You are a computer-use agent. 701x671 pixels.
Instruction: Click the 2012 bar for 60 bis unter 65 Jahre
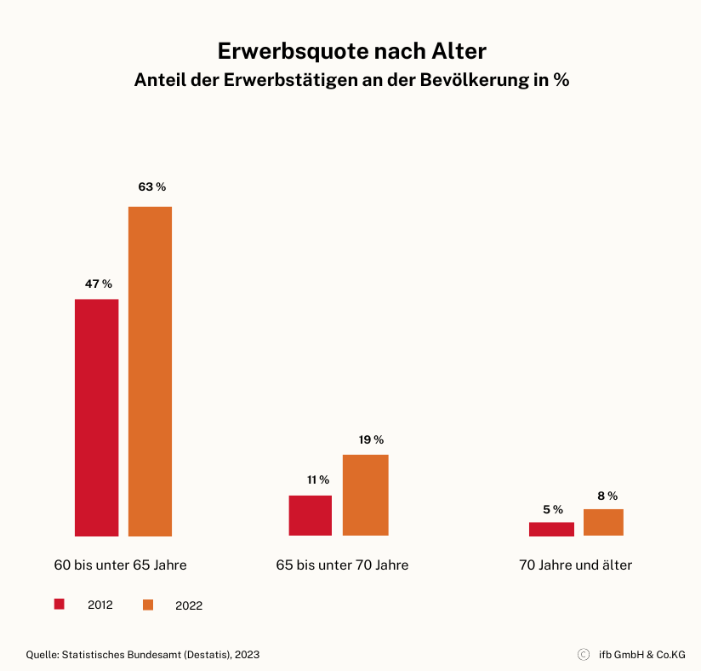(x=96, y=417)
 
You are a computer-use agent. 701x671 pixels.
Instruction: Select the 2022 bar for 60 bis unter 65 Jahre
(x=150, y=371)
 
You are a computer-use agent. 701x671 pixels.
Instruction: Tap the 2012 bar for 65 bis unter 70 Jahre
(x=310, y=515)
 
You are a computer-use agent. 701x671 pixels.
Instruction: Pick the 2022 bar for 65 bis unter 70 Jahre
(x=365, y=495)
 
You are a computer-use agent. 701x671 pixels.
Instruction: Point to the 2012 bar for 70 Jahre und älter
(x=551, y=529)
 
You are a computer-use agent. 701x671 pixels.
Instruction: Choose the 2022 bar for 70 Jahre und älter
(x=603, y=522)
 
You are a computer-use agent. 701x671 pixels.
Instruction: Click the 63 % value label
(x=152, y=186)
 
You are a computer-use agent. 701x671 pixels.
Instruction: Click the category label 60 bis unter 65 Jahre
(x=120, y=565)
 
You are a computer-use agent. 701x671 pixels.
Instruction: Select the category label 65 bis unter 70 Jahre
(x=342, y=565)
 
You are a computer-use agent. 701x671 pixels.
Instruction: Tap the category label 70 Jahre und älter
(x=575, y=565)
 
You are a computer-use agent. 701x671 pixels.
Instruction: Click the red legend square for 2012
(x=60, y=604)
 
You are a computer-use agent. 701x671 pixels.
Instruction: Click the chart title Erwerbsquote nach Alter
(x=351, y=51)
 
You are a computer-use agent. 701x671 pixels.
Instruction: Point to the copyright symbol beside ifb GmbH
(x=584, y=655)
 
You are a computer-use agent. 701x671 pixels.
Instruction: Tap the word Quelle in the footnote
(x=43, y=655)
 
